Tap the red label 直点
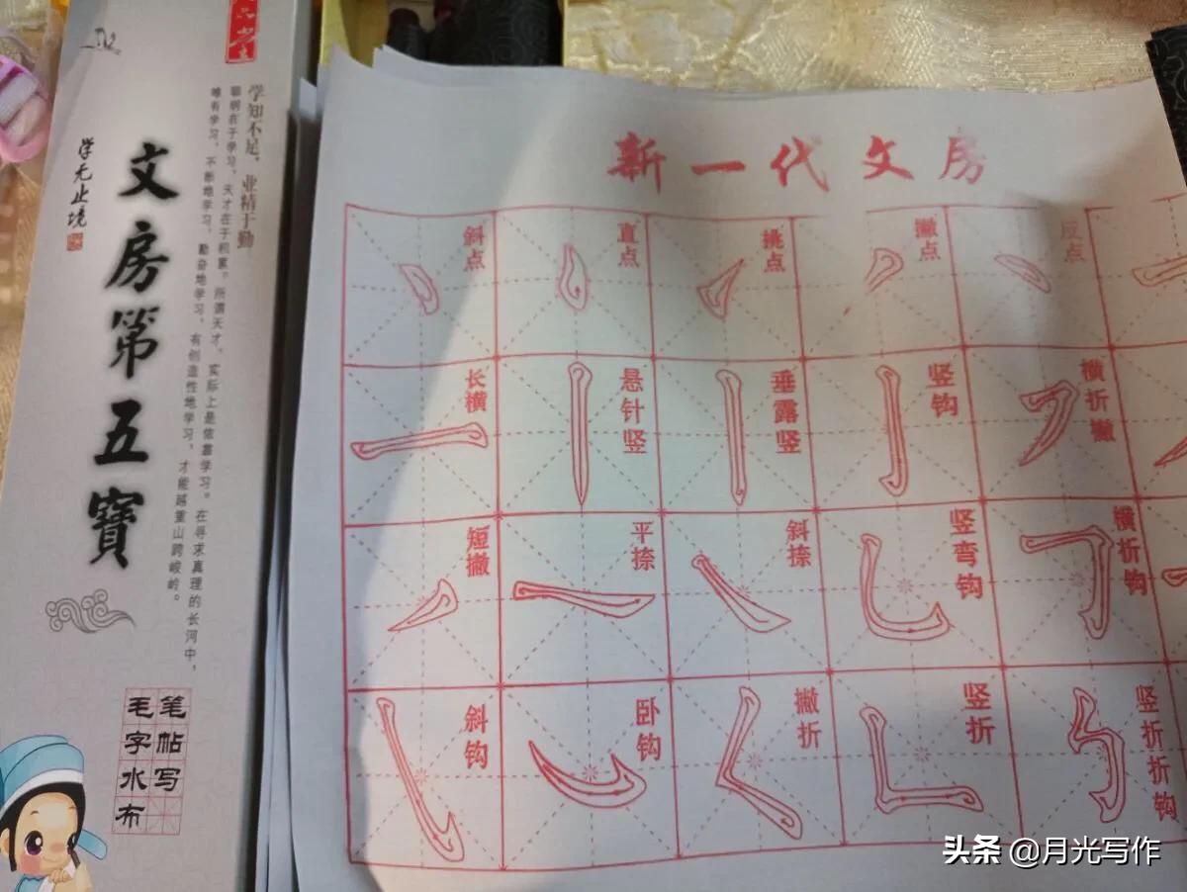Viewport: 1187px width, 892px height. (x=628, y=244)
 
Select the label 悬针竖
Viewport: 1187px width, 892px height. (x=632, y=411)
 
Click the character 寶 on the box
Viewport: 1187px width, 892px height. (x=118, y=525)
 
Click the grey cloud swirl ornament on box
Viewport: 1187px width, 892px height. (x=89, y=610)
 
